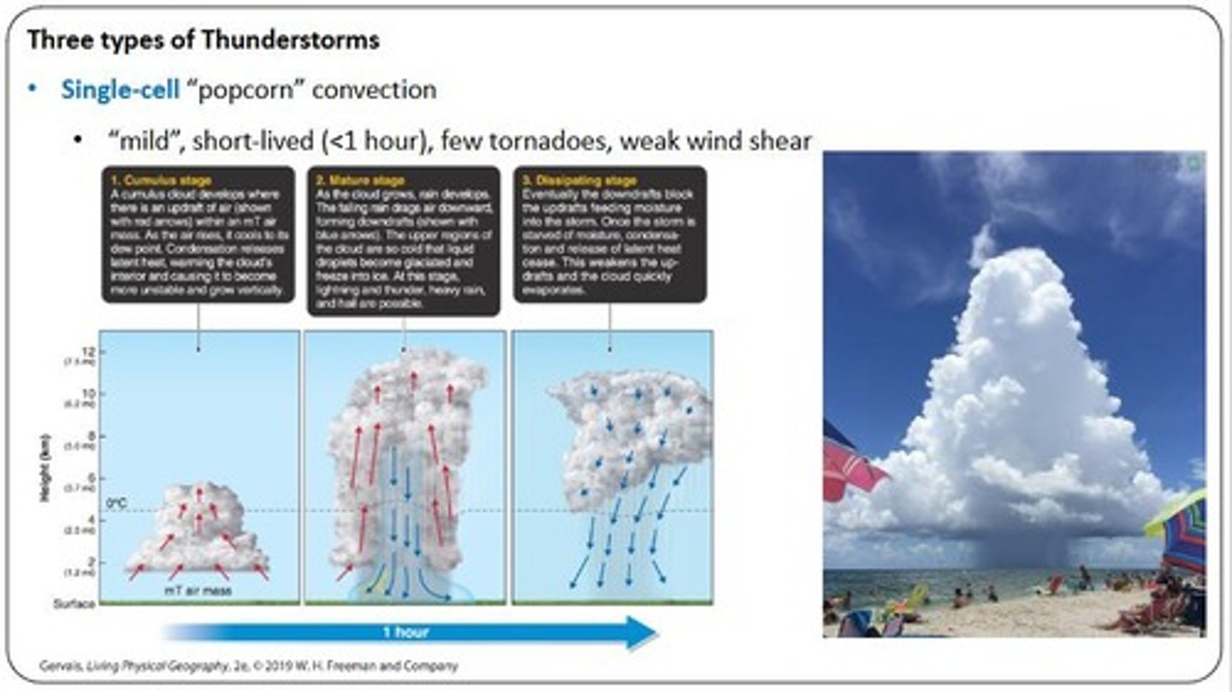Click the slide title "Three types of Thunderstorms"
pos(204,40)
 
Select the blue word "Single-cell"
pos(120,90)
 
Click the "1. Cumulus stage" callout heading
pos(161,181)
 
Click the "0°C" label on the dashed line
pos(116,504)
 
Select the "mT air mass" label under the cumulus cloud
pos(198,589)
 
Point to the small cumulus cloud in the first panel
pos(198,530)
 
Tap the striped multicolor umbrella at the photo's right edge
pos(1185,535)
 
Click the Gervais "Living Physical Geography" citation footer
pos(248,665)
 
